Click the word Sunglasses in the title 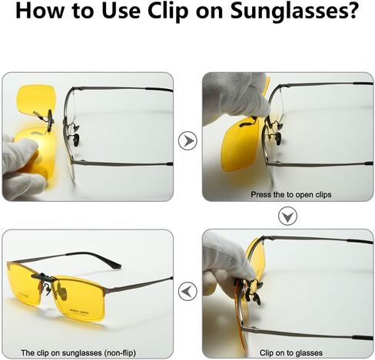click(294, 12)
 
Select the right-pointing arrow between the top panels click(187, 140)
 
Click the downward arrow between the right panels click(288, 216)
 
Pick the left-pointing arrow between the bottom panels click(187, 291)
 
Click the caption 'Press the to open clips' click(291, 195)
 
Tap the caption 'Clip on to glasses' click(291, 353)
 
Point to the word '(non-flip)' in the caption click(120, 353)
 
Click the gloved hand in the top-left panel click(22, 167)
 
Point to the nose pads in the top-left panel click(75, 134)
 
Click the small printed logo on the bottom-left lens click(80, 312)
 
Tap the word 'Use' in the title click(121, 11)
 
